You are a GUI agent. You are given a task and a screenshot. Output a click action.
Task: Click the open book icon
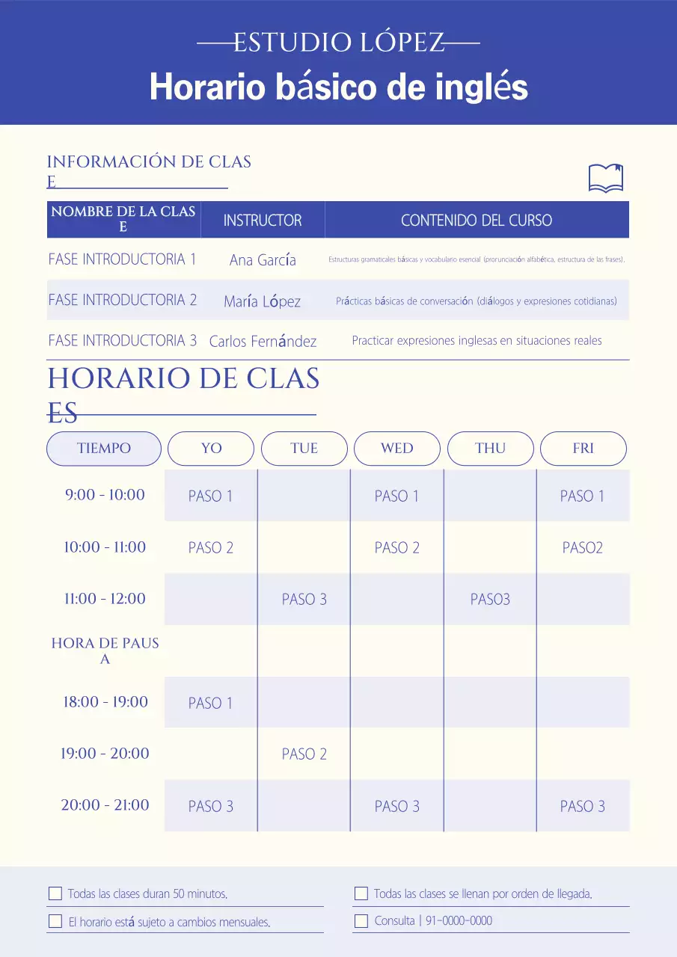(606, 178)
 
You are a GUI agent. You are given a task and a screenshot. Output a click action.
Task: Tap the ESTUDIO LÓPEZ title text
(338, 43)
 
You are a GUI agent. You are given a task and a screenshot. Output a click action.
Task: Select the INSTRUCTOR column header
(263, 221)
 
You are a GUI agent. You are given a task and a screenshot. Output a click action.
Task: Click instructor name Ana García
(263, 260)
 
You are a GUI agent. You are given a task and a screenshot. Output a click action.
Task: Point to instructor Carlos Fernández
(263, 342)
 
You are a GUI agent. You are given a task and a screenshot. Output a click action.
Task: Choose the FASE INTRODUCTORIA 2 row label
(123, 300)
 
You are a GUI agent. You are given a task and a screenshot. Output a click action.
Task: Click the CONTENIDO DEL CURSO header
(477, 221)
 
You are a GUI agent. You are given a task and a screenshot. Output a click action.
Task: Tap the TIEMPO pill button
(104, 449)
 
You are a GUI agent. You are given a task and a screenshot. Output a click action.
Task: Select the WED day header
(396, 449)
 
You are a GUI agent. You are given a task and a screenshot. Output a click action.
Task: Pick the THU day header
(490, 449)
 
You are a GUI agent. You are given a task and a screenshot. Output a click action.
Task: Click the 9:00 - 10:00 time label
(105, 495)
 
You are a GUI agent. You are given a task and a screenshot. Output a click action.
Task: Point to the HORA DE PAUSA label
(105, 650)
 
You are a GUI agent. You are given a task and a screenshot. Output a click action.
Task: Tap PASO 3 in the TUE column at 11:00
(304, 600)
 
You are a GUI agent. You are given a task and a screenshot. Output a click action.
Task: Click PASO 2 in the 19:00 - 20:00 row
(304, 754)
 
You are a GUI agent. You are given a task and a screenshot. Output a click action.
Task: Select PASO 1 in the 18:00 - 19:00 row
(210, 703)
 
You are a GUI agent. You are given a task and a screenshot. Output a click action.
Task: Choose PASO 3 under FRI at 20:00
(582, 807)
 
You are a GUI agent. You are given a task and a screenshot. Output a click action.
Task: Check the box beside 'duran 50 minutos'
(55, 893)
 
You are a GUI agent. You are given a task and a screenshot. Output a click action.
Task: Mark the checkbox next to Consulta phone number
(361, 921)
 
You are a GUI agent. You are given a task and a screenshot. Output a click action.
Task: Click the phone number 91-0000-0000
(459, 921)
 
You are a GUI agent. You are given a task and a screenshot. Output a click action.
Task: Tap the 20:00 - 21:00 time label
(105, 805)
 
